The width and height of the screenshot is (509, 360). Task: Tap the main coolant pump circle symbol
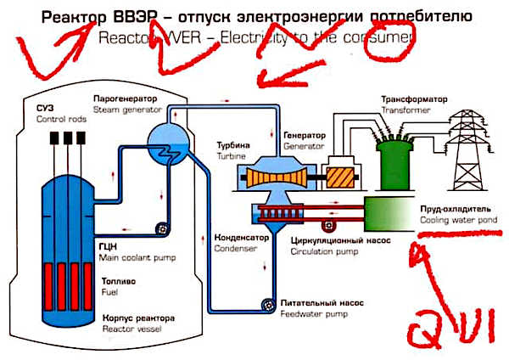click(x=158, y=228)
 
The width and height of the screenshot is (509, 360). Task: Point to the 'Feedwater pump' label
click(x=307, y=312)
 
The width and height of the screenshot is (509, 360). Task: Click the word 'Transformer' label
click(x=406, y=110)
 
